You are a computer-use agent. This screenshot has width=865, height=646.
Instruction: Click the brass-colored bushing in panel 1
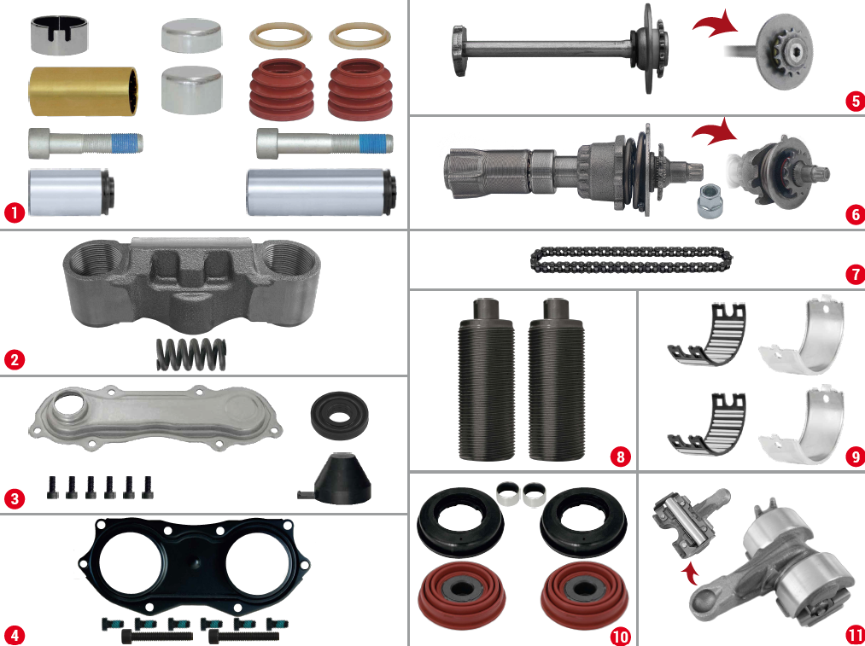pyautogui.click(x=83, y=91)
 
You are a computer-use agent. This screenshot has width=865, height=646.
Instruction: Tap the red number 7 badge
pyautogui.click(x=855, y=274)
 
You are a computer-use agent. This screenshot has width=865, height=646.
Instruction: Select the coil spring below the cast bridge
pyautogui.click(x=191, y=354)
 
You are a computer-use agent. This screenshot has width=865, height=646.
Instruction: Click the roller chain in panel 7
pyautogui.click(x=632, y=260)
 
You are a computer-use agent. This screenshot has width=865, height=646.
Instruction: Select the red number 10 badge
pyautogui.click(x=620, y=637)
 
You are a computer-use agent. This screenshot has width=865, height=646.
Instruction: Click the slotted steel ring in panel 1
pyautogui.click(x=59, y=35)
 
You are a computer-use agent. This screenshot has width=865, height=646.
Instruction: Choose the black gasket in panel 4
pyautogui.click(x=193, y=565)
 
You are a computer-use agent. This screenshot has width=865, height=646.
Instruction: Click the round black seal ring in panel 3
pyautogui.click(x=339, y=413)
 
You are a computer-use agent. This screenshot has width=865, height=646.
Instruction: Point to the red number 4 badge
pyautogui.click(x=15, y=634)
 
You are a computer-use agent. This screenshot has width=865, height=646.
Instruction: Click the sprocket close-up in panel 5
pyautogui.click(x=783, y=52)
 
